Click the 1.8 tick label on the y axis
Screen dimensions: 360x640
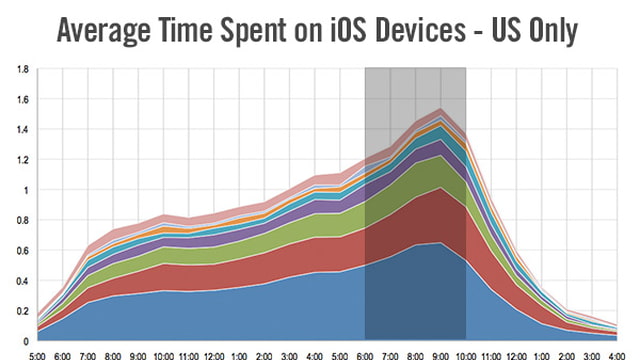[22, 69]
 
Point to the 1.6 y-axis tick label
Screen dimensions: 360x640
[22, 99]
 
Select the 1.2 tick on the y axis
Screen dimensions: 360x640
[22, 159]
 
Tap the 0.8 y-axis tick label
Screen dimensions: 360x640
[22, 220]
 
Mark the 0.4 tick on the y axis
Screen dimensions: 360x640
[22, 280]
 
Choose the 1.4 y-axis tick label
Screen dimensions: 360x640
[22, 129]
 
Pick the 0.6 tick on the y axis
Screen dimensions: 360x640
[22, 250]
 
